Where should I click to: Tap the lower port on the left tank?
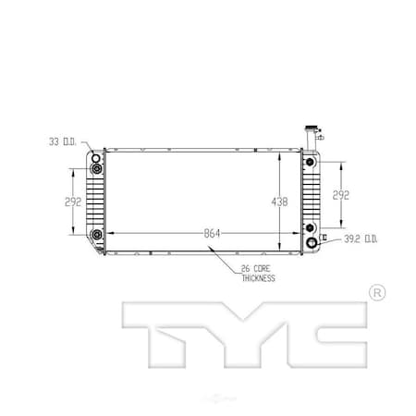96,235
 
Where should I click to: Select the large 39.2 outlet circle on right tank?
312,243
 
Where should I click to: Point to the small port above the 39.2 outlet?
308,226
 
